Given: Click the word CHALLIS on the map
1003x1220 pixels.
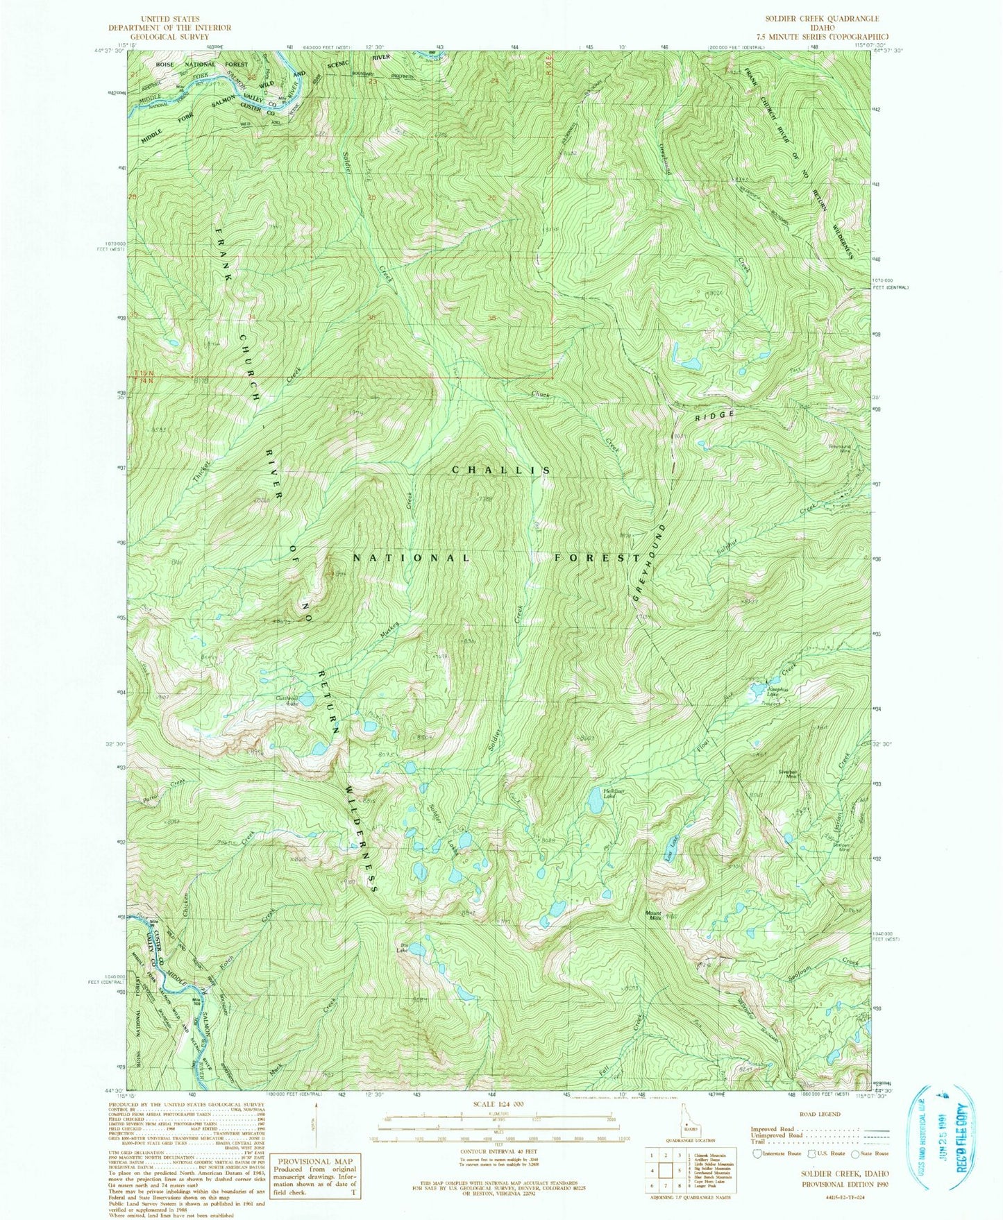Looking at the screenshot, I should coord(501,470).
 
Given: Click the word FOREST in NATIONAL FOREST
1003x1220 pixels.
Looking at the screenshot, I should coord(596,557).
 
